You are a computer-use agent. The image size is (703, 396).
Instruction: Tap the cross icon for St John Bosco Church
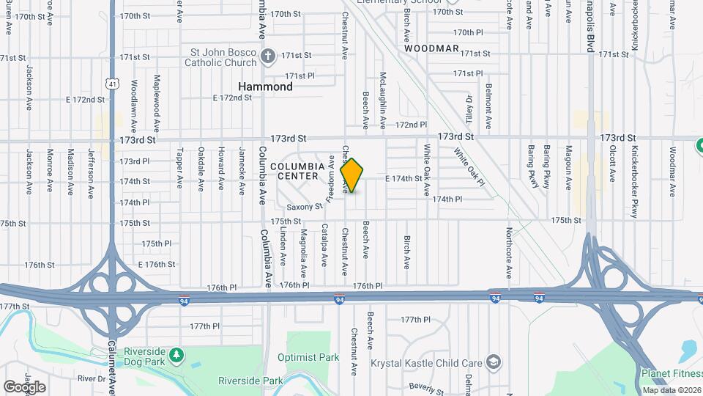point(269,56)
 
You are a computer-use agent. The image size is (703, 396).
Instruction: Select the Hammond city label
point(265,87)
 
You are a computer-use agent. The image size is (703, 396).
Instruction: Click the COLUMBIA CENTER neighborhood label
point(297,171)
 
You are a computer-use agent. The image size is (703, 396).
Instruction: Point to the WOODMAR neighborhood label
point(432,48)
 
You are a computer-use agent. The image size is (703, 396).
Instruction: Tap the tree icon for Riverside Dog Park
point(176,356)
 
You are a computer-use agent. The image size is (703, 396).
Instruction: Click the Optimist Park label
point(308,357)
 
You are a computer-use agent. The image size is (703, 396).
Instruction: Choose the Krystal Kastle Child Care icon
point(494,362)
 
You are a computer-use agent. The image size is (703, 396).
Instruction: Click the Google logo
point(24,386)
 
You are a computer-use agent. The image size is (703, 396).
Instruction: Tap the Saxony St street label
point(305,207)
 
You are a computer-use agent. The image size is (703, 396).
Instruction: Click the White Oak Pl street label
point(469,166)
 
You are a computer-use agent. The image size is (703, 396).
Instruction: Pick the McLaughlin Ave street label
point(383,95)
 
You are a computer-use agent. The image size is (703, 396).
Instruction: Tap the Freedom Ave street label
point(331,179)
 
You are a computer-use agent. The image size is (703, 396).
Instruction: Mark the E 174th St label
point(403,178)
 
